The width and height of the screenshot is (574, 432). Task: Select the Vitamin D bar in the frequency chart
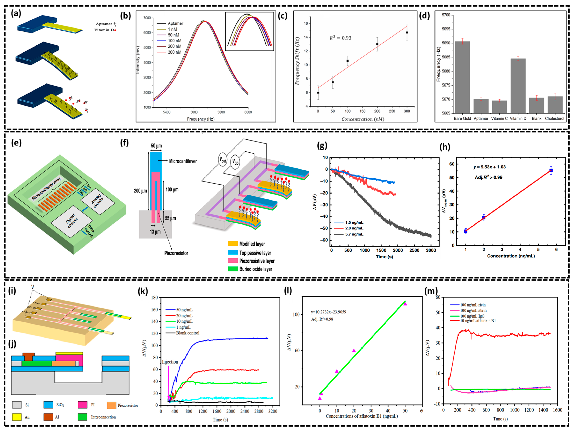pyautogui.click(x=518, y=86)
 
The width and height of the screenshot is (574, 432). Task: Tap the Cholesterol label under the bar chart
pyautogui.click(x=555, y=118)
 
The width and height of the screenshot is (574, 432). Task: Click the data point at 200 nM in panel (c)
pyautogui.click(x=377, y=44)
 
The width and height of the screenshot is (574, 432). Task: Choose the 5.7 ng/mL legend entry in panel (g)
pyautogui.click(x=354, y=234)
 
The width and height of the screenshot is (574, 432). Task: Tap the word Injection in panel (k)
pyautogui.click(x=170, y=362)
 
